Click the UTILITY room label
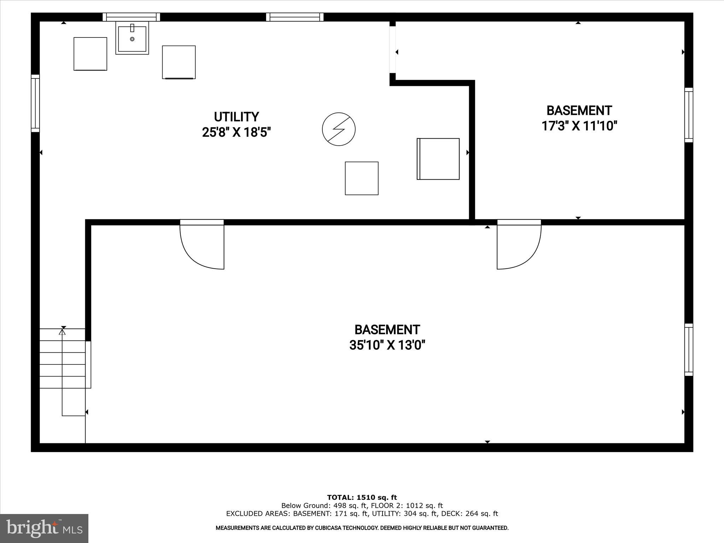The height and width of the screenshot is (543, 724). [x=236, y=117]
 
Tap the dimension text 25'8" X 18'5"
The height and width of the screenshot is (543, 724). [x=236, y=133]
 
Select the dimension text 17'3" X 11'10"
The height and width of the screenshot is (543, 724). [x=579, y=126]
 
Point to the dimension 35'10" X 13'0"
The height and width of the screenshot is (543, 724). [x=387, y=345]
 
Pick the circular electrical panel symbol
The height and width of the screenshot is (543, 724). [x=339, y=129]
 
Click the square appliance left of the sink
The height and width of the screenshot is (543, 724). [x=90, y=54]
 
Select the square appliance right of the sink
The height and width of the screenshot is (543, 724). [x=179, y=62]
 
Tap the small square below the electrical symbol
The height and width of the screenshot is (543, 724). [x=362, y=178]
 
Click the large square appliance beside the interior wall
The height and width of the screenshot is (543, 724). [x=438, y=159]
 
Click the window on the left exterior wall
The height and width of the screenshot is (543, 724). [x=35, y=103]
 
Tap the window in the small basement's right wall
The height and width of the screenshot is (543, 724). [x=688, y=115]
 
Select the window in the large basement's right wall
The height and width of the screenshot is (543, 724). [x=688, y=350]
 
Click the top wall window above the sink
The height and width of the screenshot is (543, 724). [x=131, y=17]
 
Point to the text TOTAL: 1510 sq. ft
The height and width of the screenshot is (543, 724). [x=362, y=498]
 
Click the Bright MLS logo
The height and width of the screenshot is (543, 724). [x=44, y=528]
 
